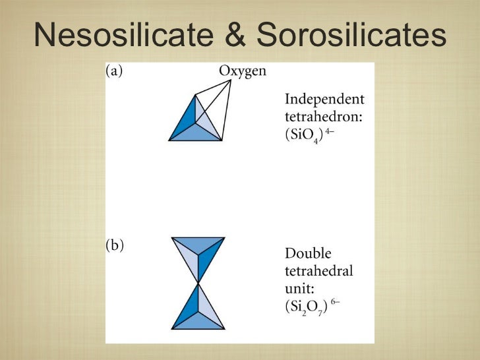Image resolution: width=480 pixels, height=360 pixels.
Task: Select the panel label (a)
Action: click(115, 72)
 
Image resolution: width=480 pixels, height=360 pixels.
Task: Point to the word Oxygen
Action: click(242, 72)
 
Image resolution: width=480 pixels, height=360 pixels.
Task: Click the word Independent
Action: click(324, 100)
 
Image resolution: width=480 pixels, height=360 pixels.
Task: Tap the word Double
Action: click(308, 254)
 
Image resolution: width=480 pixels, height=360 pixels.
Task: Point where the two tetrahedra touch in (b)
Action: click(198, 284)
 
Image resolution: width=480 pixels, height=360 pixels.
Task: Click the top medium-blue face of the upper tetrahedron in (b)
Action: click(198, 243)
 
